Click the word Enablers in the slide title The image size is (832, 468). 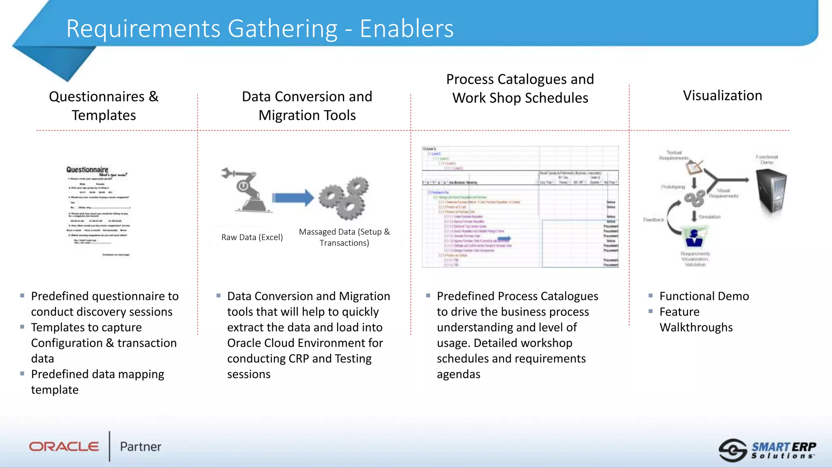(406, 29)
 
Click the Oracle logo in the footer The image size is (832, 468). (64, 446)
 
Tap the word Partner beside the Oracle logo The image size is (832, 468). (141, 446)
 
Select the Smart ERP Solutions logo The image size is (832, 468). (767, 450)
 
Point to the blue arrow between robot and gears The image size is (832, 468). (292, 198)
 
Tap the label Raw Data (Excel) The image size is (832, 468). (252, 237)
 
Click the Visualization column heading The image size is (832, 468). (722, 95)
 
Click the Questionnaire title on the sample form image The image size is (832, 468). (87, 169)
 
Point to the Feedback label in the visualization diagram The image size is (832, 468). (653, 220)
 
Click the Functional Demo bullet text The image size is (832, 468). (704, 296)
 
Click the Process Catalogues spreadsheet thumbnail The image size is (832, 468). (520, 207)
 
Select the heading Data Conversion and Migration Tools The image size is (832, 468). (307, 106)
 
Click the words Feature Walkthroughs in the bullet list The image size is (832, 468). (696, 320)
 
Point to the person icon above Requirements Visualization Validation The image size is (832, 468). (694, 237)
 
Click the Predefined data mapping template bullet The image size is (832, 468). (97, 382)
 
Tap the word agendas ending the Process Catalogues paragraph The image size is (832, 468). (458, 374)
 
